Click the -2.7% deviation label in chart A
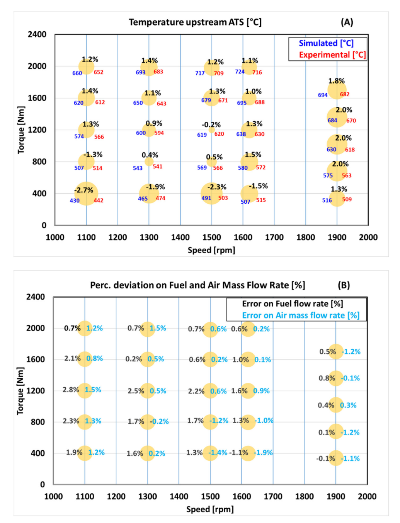point(84,190)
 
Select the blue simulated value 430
point(75,201)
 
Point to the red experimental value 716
point(257,72)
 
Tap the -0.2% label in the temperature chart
point(211,125)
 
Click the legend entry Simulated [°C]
point(326,43)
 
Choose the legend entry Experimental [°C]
point(332,55)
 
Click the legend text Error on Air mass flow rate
point(301,315)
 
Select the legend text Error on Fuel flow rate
point(293,304)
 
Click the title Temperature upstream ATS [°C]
point(195,22)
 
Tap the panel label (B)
point(344,285)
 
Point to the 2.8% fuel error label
point(71,390)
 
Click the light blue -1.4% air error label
point(218,452)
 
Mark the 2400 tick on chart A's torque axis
point(37,34)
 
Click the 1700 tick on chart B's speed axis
point(273,496)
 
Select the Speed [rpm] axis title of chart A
point(211,250)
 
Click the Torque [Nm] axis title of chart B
point(20,391)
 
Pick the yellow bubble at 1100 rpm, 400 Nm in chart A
point(86,194)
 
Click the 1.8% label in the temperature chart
point(336,81)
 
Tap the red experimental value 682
point(344,94)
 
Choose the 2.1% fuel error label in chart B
point(72,358)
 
